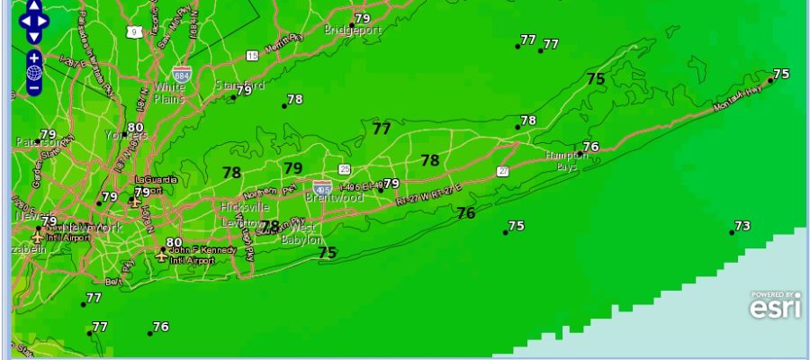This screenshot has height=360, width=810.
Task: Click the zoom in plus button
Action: pyautogui.click(x=34, y=58)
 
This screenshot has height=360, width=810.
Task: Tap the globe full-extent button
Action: pyautogui.click(x=34, y=73)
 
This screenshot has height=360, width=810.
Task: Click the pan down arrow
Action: pyautogui.click(x=34, y=37)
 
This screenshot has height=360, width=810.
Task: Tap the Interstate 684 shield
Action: pyautogui.click(x=183, y=73)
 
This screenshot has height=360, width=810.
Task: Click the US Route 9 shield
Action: pyautogui.click(x=134, y=31)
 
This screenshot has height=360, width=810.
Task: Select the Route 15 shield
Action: pyautogui.click(x=252, y=56)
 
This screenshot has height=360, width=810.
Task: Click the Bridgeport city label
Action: pyautogui.click(x=353, y=30)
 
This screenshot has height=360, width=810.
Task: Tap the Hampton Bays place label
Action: pyautogui.click(x=566, y=161)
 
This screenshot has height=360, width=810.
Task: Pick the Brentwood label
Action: pyautogui.click(x=334, y=197)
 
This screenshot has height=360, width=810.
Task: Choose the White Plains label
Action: pyautogui.click(x=169, y=93)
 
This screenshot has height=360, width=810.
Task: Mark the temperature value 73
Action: pyautogui.click(x=742, y=226)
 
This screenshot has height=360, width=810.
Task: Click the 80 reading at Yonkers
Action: pyautogui.click(x=136, y=129)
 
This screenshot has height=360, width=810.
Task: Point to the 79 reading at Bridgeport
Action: pyautogui.click(x=363, y=18)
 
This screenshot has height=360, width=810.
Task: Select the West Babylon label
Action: pyautogui.click(x=303, y=234)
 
